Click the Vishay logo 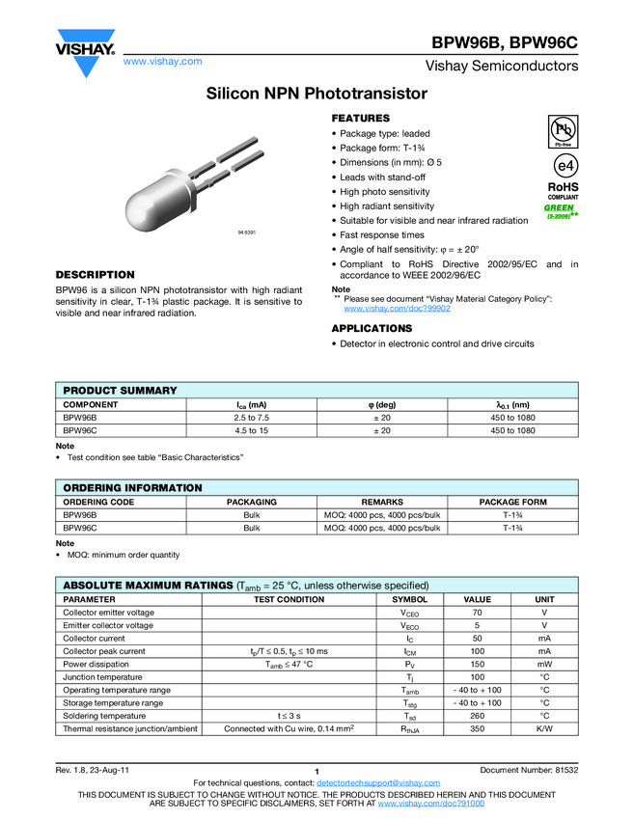pyautogui.click(x=85, y=55)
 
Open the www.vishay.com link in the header pyautogui.click(x=162, y=61)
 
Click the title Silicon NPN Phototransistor pyautogui.click(x=317, y=94)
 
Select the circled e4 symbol pyautogui.click(x=563, y=165)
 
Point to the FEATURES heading pyautogui.click(x=361, y=118)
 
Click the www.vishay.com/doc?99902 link pyautogui.click(x=397, y=309)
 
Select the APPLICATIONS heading pyautogui.click(x=372, y=329)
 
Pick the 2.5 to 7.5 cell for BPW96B pyautogui.click(x=252, y=418)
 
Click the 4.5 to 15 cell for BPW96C pyautogui.click(x=252, y=431)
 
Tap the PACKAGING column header pyautogui.click(x=252, y=503)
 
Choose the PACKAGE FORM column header pyautogui.click(x=512, y=503)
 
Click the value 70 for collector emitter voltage pyautogui.click(x=477, y=613)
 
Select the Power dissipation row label pyautogui.click(x=95, y=665)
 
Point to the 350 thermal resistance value pyautogui.click(x=477, y=729)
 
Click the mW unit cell pyautogui.click(x=544, y=665)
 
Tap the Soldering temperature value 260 pyautogui.click(x=477, y=716)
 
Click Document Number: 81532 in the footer pyautogui.click(x=529, y=769)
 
